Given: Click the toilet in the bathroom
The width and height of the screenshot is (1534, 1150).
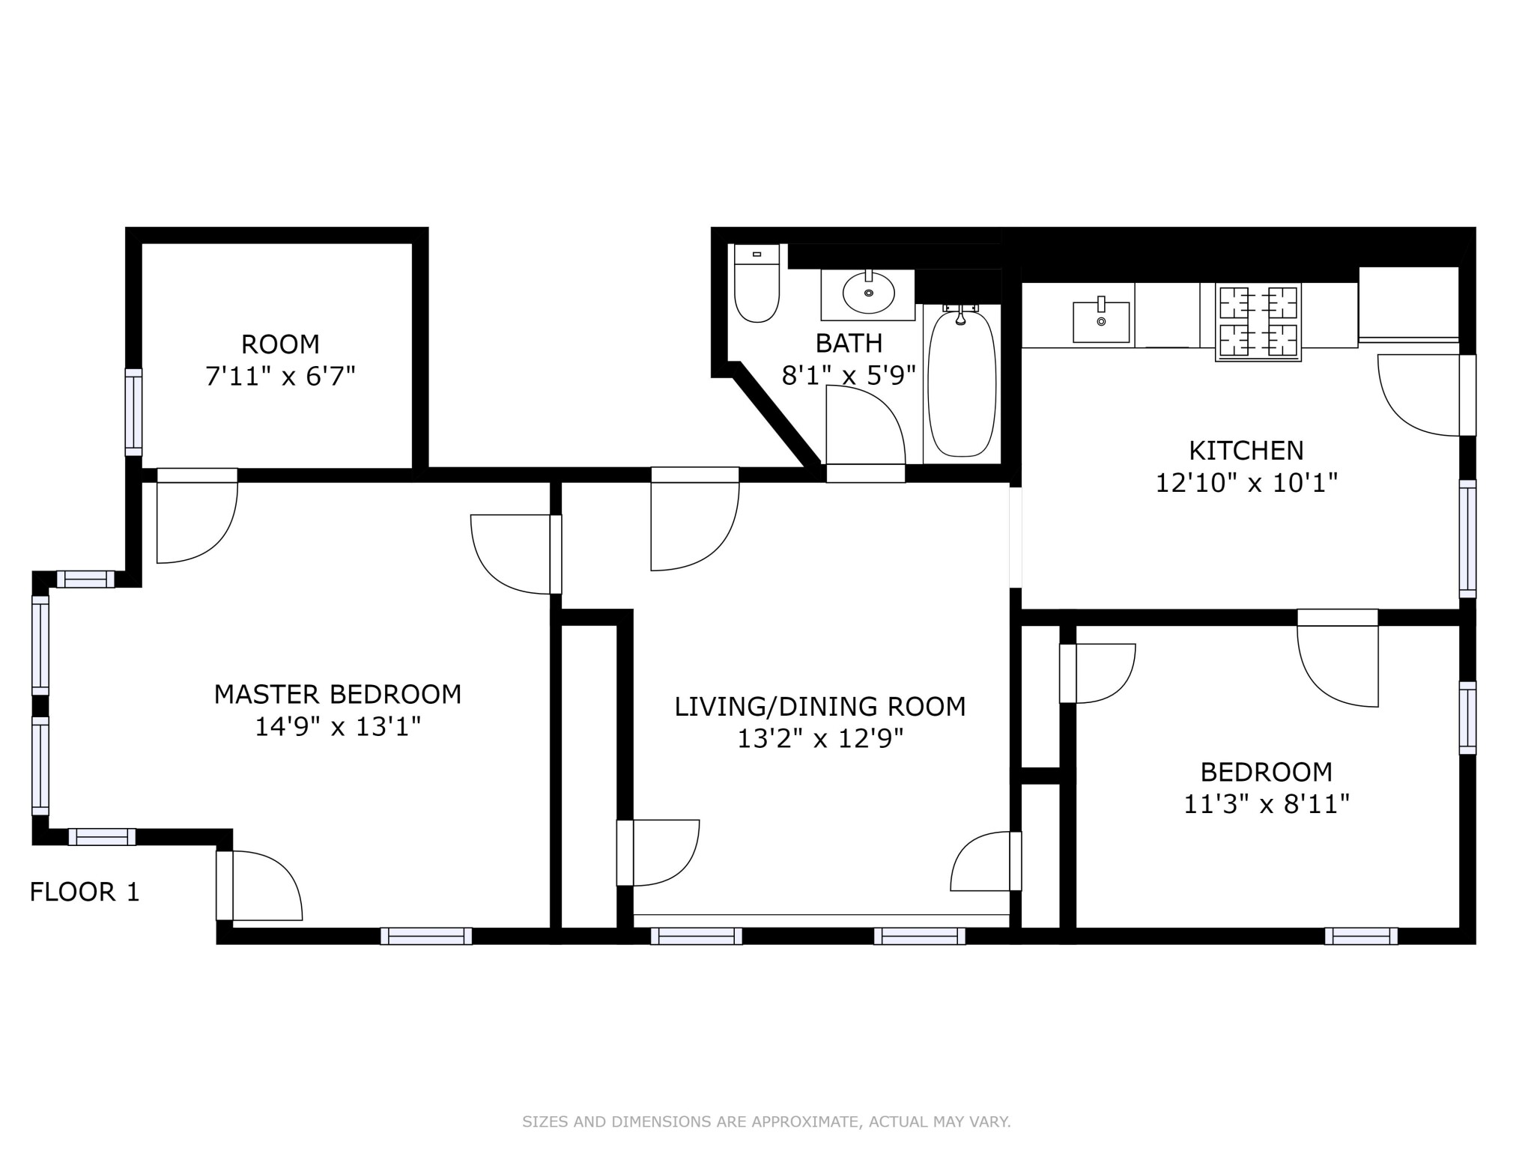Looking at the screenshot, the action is point(757,283).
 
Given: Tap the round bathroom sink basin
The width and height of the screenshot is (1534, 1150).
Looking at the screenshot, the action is point(868,293).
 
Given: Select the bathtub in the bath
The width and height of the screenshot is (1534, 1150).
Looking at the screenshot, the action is point(962,384).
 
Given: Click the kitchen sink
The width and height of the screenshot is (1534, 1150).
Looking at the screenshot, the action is point(1101,321).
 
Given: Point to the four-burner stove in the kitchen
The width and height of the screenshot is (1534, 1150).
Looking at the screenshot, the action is point(1258,322).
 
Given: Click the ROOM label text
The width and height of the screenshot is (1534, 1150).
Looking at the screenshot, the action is point(280,344).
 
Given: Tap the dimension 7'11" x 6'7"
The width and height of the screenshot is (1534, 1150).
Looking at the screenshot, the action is point(280,376).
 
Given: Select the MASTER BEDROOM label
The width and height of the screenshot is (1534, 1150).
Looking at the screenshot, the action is point(338,694).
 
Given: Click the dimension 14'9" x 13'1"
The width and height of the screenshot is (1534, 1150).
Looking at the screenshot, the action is point(338,726).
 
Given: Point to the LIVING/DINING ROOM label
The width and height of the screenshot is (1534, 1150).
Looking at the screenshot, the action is point(820,706).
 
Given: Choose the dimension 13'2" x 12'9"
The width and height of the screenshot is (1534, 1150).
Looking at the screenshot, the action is point(820,739).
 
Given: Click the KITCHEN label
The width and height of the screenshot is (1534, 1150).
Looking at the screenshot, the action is point(1246,450).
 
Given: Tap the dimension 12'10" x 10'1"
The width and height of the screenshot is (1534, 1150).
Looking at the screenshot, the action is point(1246,483).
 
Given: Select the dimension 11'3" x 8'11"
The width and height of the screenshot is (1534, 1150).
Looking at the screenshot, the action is point(1267,804).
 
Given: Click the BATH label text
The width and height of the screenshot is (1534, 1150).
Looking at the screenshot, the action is point(849,343).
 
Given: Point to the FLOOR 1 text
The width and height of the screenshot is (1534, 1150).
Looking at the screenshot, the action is point(85,892).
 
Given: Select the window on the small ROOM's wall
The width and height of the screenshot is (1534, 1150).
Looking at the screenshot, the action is point(133,412).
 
